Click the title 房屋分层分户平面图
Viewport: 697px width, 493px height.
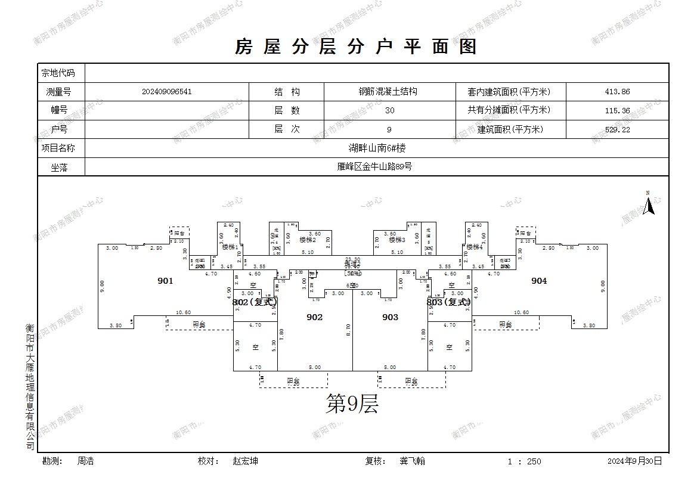coord(356,46)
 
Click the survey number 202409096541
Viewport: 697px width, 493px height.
coord(167,92)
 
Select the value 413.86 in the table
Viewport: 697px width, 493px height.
coord(617,92)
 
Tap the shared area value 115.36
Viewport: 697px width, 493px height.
coord(617,110)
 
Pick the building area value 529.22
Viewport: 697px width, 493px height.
coord(617,129)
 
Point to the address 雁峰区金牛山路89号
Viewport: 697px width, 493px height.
coord(374,167)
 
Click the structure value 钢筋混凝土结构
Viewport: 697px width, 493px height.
coord(388,92)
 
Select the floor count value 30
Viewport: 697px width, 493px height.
coord(389,110)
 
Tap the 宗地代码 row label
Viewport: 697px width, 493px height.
coord(58,73)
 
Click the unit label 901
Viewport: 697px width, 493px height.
coord(165,281)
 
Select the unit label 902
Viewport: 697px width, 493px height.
coord(314,317)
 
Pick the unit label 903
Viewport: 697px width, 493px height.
coord(390,317)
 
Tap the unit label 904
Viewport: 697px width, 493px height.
coord(539,281)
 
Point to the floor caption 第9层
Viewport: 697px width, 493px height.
coord(352,405)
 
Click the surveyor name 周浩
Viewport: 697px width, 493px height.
coord(85,461)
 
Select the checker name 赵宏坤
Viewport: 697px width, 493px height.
coord(245,461)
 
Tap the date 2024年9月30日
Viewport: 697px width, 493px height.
coord(634,461)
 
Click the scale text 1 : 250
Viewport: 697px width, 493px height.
coord(524,461)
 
